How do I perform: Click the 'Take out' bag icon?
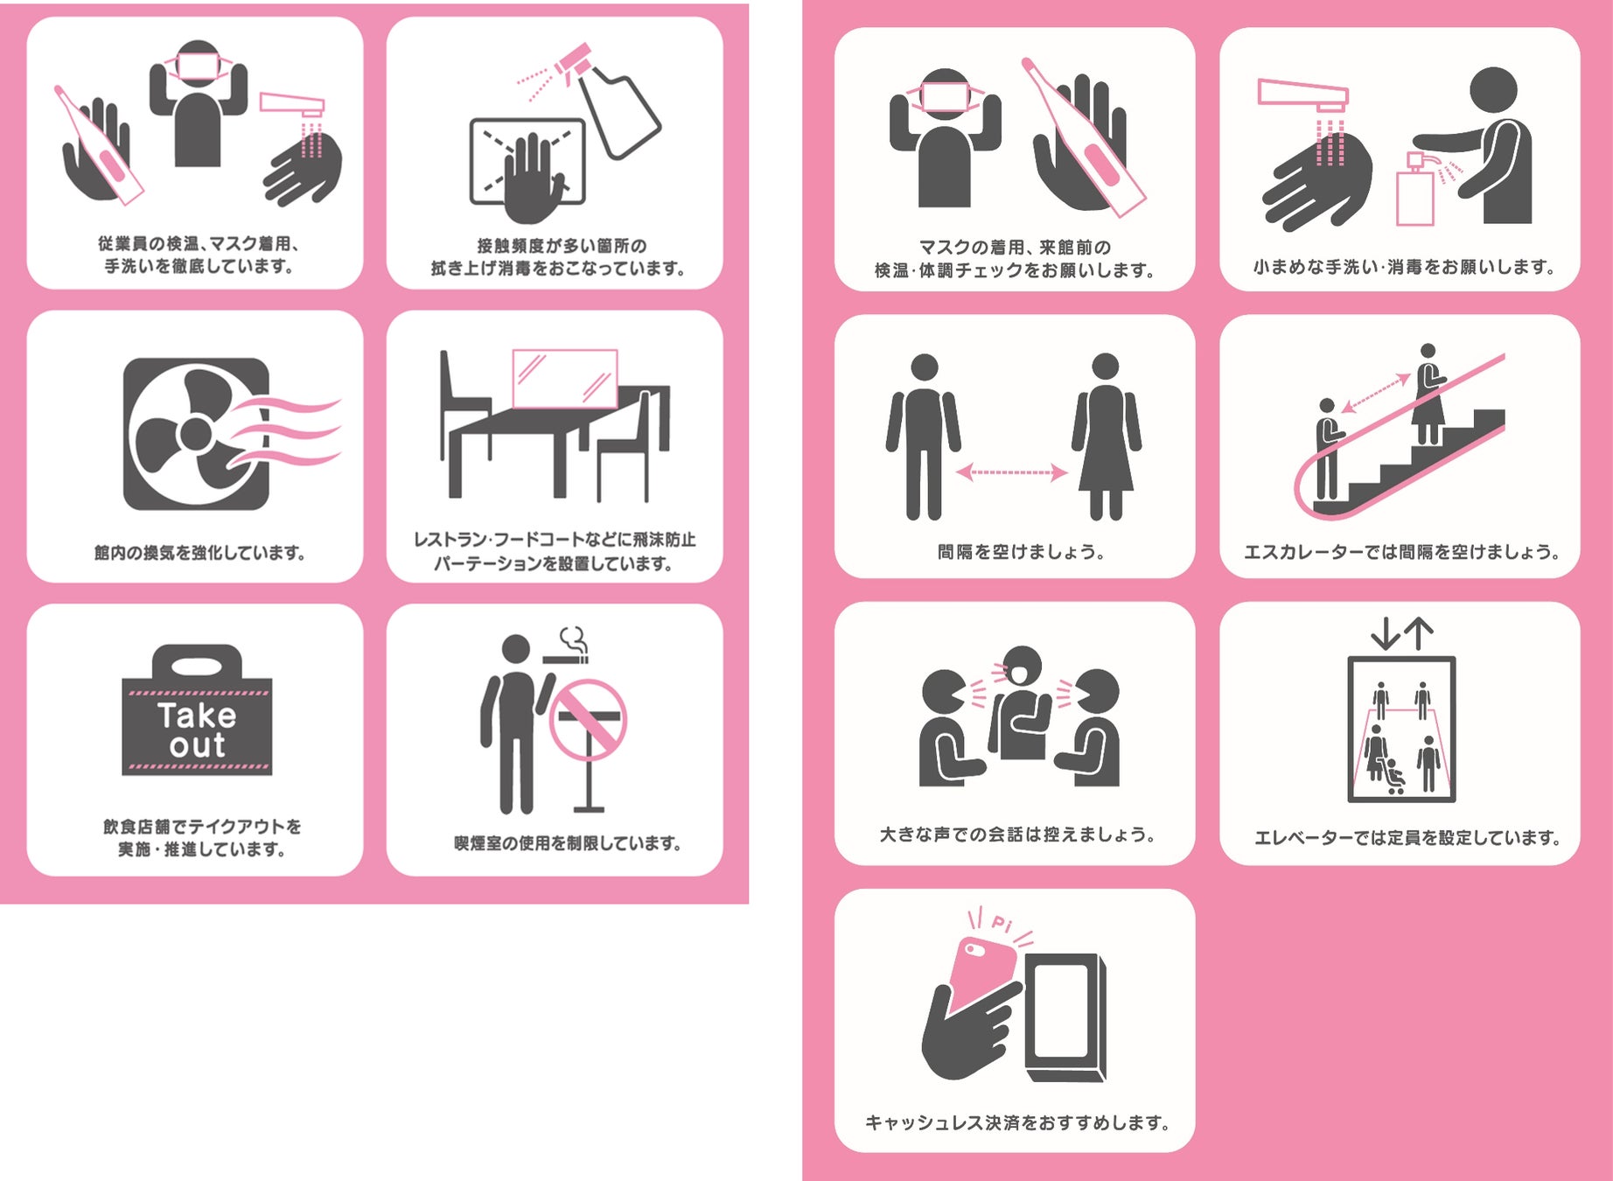pyautogui.click(x=197, y=710)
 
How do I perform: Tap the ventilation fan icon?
pyautogui.click(x=196, y=434)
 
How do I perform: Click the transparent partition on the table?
pyautogui.click(x=565, y=379)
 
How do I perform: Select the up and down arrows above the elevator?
pyautogui.click(x=1401, y=632)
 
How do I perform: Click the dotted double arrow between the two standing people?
pyautogui.click(x=1012, y=472)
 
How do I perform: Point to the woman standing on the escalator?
pyautogui.click(x=1429, y=394)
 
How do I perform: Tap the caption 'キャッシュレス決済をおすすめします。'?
pyautogui.click(x=1017, y=1122)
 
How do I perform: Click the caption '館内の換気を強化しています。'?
pyautogui.click(x=200, y=552)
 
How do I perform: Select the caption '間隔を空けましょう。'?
pyautogui.click(x=1021, y=552)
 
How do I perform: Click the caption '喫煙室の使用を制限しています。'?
pyautogui.click(x=568, y=843)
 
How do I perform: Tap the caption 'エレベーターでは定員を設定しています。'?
pyautogui.click(x=1407, y=838)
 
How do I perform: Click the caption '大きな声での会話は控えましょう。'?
pyautogui.click(x=1017, y=835)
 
